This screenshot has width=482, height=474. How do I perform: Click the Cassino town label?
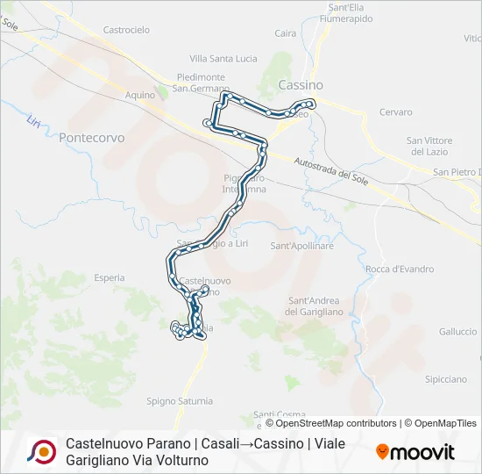click(x=301, y=85)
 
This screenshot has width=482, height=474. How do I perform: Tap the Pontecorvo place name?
click(x=92, y=138)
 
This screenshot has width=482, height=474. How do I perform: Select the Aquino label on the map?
click(x=139, y=94)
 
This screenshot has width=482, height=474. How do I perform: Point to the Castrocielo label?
click(x=126, y=29)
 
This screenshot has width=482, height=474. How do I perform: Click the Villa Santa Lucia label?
click(x=223, y=59)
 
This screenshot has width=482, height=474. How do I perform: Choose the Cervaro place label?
click(x=395, y=112)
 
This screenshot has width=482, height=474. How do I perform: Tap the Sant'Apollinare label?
click(x=302, y=247)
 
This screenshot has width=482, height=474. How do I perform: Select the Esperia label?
click(x=109, y=277)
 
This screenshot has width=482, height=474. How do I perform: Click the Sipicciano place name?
click(x=445, y=379)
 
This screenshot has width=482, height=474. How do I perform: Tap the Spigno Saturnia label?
click(x=180, y=401)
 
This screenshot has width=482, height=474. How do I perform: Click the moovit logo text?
click(x=423, y=452)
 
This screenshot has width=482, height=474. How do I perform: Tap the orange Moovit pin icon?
click(x=382, y=452)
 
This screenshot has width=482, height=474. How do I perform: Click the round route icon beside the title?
click(x=41, y=451)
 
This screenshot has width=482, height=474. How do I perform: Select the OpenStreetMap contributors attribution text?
click(x=337, y=423)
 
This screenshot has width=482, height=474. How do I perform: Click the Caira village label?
click(x=286, y=33)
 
